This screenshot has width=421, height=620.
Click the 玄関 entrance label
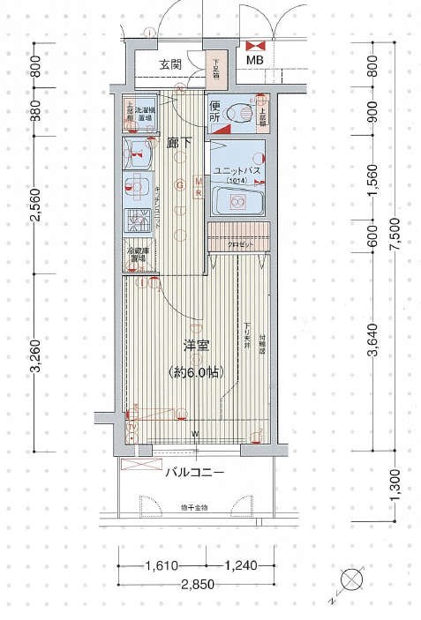[171, 64]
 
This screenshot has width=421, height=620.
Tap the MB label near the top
[254, 60]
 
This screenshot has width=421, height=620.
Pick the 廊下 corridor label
[180, 141]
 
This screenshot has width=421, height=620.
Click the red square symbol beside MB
[256, 44]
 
